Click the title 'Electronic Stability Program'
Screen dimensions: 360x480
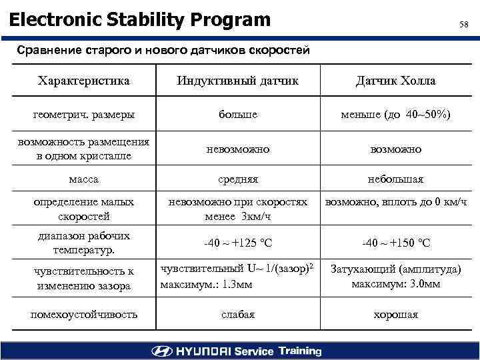click(140, 20)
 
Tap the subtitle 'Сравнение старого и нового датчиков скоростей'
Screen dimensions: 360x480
click(163, 50)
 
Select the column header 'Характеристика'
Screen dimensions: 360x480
click(84, 81)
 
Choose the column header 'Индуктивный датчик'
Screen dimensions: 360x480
click(238, 81)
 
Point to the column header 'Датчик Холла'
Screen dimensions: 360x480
click(395, 81)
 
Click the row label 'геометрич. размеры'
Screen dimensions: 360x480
click(84, 115)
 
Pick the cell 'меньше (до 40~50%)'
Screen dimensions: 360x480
click(395, 115)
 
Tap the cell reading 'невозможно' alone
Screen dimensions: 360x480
click(238, 149)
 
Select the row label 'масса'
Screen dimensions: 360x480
click(84, 179)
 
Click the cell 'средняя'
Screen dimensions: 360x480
click(238, 179)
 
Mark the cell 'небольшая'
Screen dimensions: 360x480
click(395, 179)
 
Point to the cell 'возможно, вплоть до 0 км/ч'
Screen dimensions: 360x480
click(395, 201)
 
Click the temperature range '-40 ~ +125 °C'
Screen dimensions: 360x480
click(238, 243)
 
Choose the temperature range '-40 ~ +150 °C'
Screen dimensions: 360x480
click(395, 243)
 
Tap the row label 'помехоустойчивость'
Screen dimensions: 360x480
click(84, 314)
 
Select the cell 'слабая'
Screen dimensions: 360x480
click(238, 314)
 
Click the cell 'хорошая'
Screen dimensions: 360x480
click(395, 314)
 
